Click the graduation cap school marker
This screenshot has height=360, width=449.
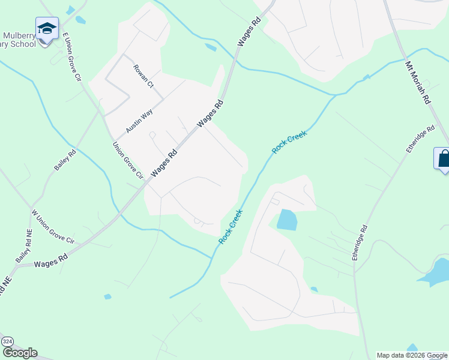[47, 28]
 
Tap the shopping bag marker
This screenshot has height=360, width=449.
[443, 159]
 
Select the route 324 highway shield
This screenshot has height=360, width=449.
[7, 341]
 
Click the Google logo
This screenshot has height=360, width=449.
[20, 353]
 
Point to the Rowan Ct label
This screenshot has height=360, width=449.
[143, 76]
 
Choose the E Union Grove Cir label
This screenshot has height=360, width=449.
[71, 57]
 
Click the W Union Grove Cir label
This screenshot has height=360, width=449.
[52, 228]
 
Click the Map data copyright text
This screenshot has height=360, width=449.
[412, 355]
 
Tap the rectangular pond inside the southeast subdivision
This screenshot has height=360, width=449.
[287, 220]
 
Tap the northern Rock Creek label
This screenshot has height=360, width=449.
[289, 143]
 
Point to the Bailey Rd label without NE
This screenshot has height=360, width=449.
[65, 160]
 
